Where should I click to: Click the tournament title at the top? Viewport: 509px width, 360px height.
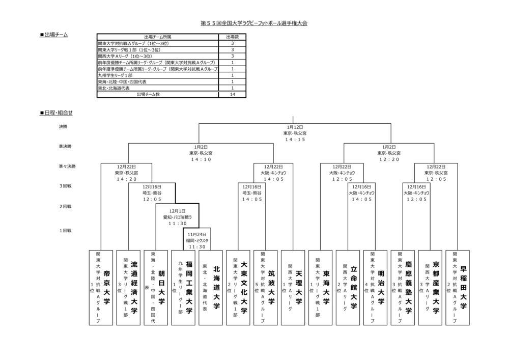click(x=254, y=23)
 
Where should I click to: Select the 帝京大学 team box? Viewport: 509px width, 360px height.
click(x=101, y=288)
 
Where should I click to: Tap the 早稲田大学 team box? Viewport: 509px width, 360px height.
click(x=458, y=288)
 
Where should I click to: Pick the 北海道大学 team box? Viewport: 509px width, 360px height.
click(x=211, y=288)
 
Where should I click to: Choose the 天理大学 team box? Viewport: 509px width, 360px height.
click(x=294, y=288)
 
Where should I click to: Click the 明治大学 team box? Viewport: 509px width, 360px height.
click(x=376, y=288)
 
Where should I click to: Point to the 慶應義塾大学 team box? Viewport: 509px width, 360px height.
click(x=404, y=288)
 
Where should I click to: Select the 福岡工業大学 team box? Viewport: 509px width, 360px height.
click(x=184, y=288)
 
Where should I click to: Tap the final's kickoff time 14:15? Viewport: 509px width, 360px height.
click(x=295, y=139)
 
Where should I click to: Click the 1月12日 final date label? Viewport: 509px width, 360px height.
click(x=295, y=127)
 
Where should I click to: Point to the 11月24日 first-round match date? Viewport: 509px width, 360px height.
click(x=197, y=235)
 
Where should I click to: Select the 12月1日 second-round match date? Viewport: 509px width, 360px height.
click(x=178, y=211)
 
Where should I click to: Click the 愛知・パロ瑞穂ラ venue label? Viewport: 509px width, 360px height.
click(x=178, y=217)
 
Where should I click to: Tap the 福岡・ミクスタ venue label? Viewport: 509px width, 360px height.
click(x=197, y=240)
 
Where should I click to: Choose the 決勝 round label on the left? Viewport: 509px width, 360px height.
click(x=63, y=127)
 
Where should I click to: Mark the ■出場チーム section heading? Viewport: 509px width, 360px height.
click(x=53, y=35)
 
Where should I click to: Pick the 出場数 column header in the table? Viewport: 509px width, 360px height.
click(x=232, y=37)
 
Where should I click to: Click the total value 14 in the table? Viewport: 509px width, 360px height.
click(x=232, y=94)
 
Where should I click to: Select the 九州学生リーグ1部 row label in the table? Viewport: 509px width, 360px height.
click(x=116, y=75)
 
